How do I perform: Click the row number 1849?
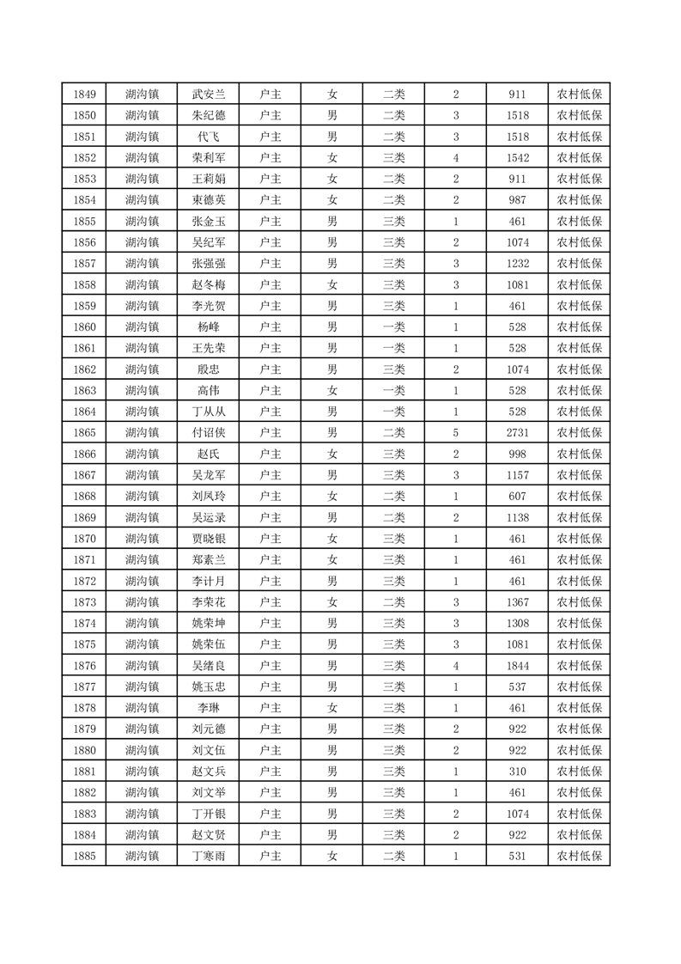84,95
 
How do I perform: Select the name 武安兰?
209,95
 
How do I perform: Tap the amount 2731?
518,433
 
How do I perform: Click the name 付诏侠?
209,433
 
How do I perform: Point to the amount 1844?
518,666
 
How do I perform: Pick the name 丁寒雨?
209,856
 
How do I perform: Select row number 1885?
84,856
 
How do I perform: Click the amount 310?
518,772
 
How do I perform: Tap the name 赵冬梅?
209,285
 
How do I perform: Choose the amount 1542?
518,158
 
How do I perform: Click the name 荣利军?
209,158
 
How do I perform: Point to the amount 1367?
518,602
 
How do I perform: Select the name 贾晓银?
209,539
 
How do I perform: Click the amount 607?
518,497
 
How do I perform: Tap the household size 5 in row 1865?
456,433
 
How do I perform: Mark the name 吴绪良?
209,666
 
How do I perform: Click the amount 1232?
518,264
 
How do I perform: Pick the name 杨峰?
209,327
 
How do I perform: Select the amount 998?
518,455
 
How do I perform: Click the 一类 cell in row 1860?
394,327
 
